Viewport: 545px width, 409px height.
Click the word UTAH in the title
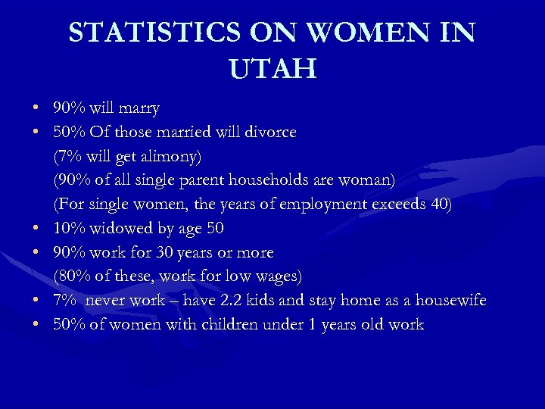(272, 70)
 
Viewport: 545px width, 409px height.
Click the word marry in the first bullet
(139, 108)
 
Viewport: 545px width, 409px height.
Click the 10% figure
(68, 228)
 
